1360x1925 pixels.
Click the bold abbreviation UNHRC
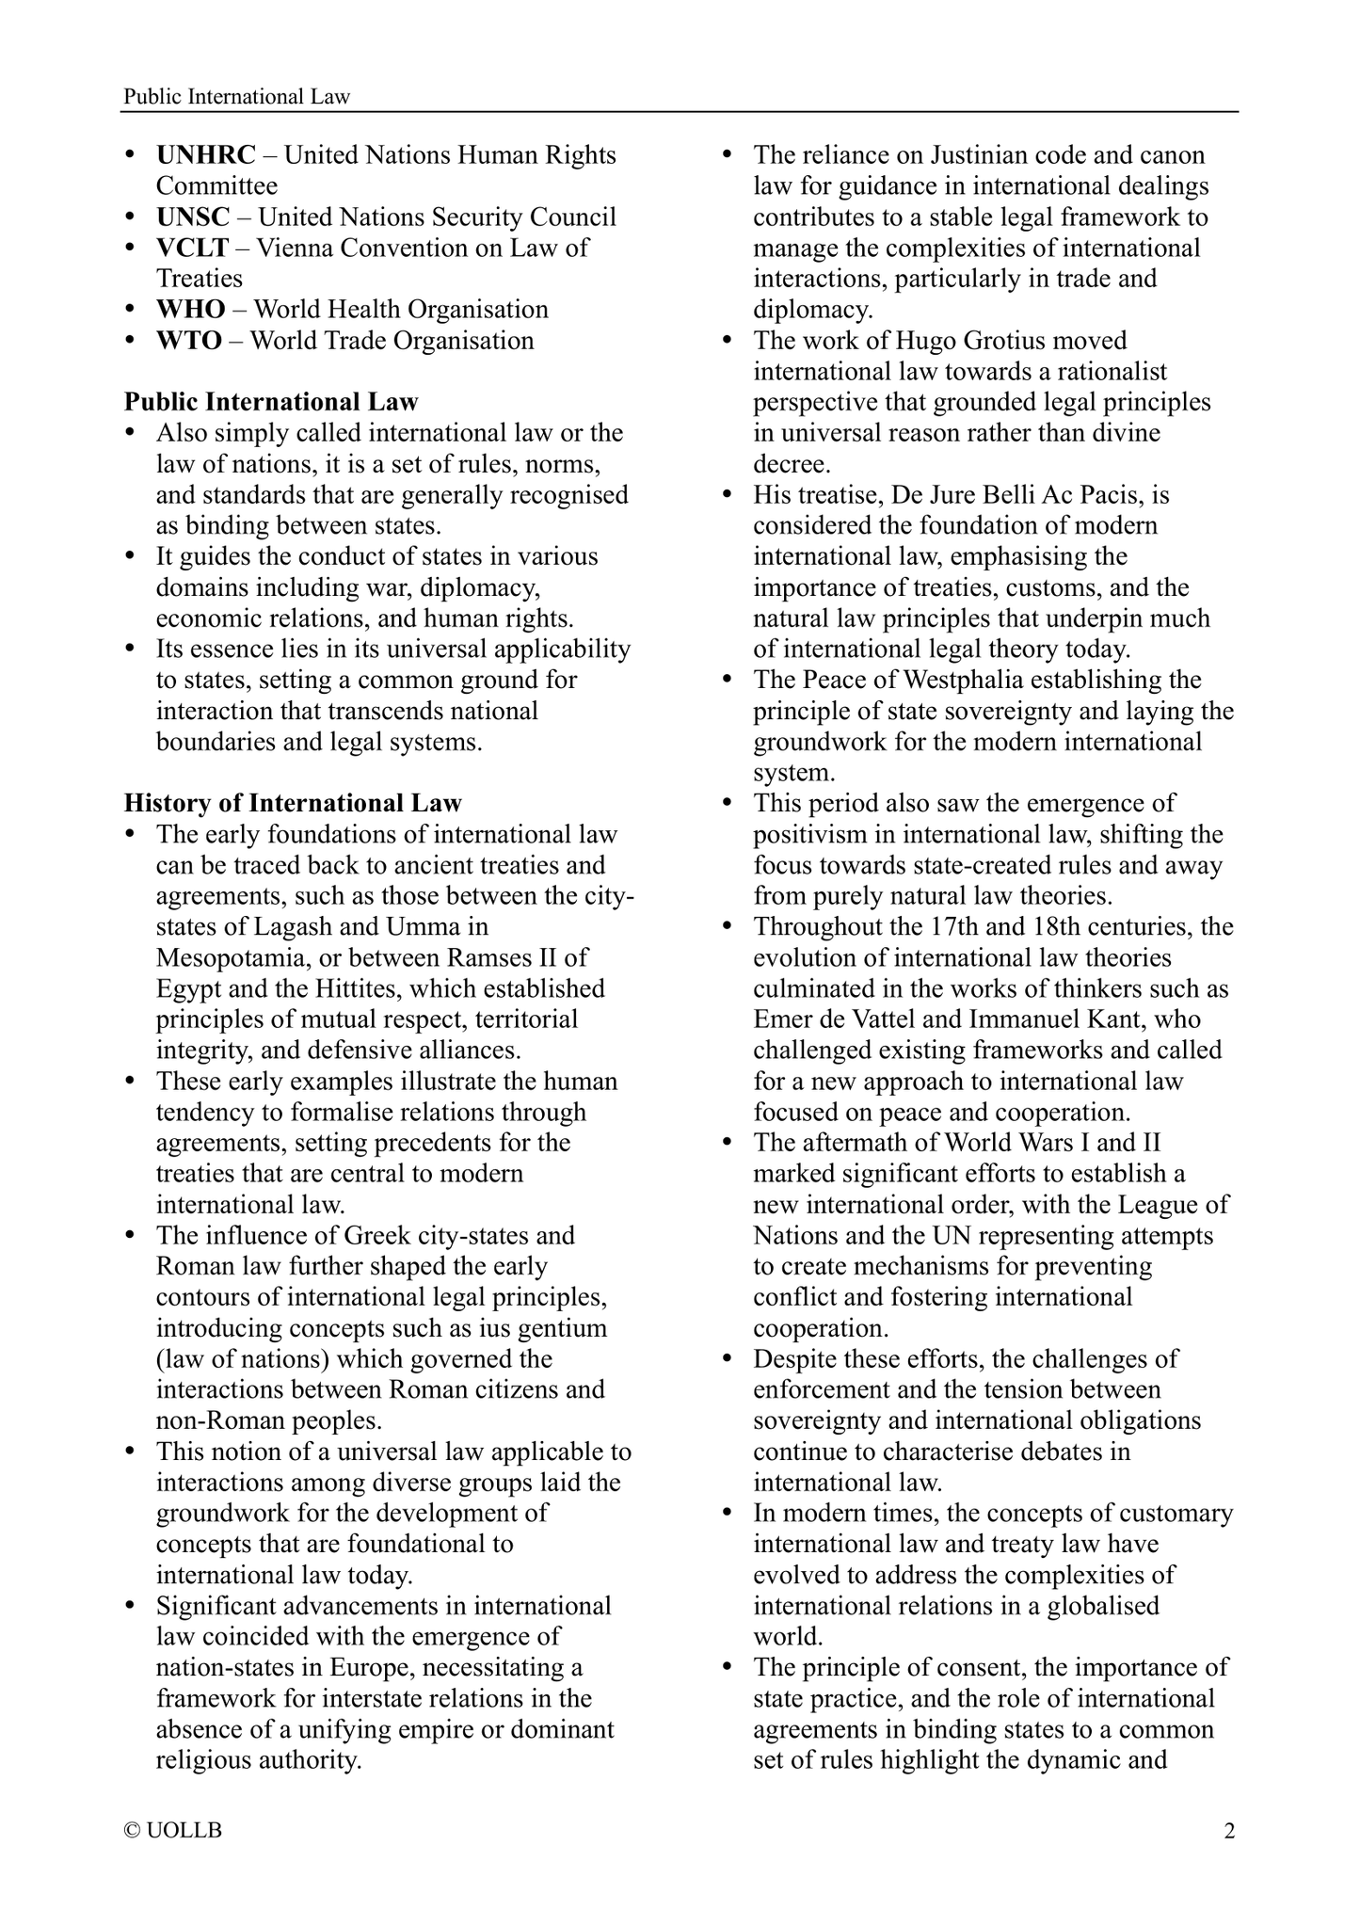205,155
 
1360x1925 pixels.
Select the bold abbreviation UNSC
193,217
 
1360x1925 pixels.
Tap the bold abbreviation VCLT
192,249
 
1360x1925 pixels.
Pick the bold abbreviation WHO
190,310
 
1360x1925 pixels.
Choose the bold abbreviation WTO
189,341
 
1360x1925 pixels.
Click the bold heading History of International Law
293,804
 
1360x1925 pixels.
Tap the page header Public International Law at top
236,97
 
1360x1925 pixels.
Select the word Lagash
289,927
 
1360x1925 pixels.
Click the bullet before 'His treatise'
727,495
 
